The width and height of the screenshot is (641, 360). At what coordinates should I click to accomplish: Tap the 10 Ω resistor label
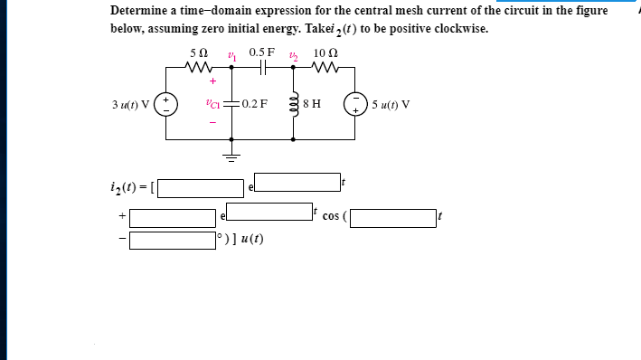(325, 53)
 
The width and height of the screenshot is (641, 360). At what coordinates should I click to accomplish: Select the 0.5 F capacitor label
(262, 53)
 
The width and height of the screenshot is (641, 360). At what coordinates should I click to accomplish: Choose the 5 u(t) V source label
(391, 102)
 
